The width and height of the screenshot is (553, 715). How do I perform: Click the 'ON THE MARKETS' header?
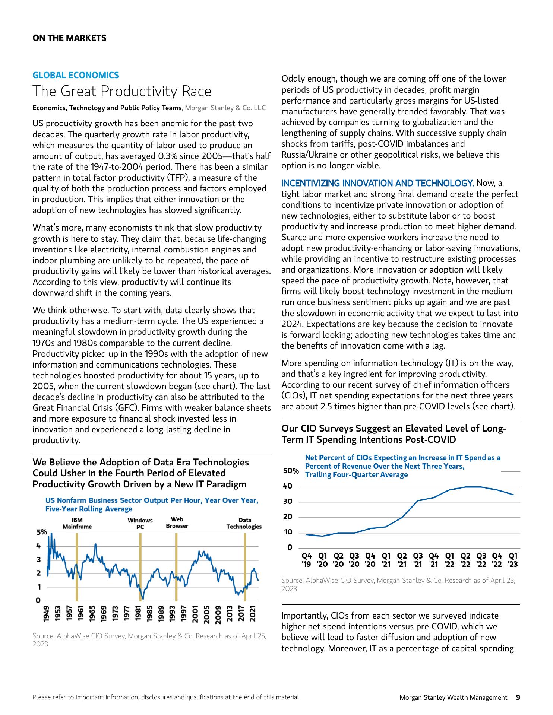[69, 38]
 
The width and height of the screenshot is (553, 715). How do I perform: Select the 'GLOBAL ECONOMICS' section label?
[76, 75]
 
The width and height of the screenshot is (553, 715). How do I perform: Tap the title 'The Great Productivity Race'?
[122, 92]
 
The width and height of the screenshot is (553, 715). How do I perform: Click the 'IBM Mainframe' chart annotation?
[77, 523]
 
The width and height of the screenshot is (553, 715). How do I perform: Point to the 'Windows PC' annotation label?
[140, 524]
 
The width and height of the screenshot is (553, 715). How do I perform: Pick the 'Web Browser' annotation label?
[177, 522]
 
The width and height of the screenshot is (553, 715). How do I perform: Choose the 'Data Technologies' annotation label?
[244, 523]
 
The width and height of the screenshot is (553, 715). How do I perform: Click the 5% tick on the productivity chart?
[41, 532]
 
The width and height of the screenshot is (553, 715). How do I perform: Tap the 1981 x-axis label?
[138, 613]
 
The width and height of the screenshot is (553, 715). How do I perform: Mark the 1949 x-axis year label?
[47, 613]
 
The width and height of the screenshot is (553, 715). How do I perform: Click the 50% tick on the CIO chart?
[291, 471]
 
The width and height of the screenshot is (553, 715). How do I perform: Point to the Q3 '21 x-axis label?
[418, 560]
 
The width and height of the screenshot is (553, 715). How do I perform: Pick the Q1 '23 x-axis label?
[513, 560]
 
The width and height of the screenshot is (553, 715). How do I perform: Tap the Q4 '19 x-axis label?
[306, 560]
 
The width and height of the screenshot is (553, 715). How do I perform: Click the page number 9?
[518, 697]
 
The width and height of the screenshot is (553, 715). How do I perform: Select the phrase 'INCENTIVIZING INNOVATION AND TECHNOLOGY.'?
[377, 183]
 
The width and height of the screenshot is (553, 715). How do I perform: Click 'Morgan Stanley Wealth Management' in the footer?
[453, 697]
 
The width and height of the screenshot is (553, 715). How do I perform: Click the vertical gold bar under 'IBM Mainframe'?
[76, 566]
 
